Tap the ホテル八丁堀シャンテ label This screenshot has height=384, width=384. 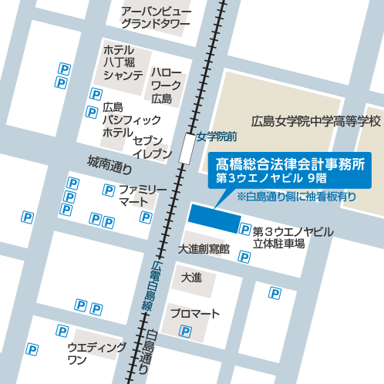pos(123,62)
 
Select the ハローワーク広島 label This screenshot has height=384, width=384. pos(166,84)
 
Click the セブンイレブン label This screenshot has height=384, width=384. pos(152,148)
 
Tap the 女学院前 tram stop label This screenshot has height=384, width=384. pos(215,136)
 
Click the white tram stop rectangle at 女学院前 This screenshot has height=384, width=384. pos(187,147)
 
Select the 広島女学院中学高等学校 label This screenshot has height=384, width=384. pos(316,122)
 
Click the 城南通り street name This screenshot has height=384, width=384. pos(110,163)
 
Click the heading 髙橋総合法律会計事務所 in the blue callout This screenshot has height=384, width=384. pos(295,163)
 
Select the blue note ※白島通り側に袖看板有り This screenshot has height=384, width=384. pos(296,197)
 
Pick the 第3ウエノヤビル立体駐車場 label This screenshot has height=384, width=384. pos(291,237)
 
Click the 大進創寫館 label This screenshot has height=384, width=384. pos(204,248)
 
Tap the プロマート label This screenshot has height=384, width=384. pos(195,314)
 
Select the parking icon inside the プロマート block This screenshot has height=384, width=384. pos(185,332)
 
